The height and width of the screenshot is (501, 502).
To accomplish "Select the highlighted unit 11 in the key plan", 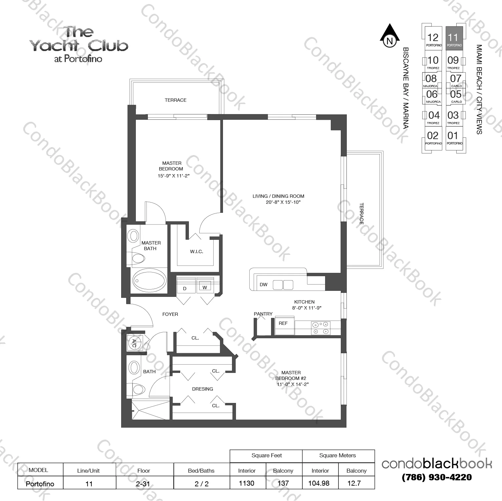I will coord(454,38).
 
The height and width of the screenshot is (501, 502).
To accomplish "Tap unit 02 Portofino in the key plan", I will coord(433,137).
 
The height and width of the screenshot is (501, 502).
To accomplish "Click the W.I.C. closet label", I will coord(197,252).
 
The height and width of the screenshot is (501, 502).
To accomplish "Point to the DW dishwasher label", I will coord(264,285).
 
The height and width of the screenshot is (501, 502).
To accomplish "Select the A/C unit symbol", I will coord(135,344).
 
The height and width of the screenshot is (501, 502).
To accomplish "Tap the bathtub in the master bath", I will coord(149,281).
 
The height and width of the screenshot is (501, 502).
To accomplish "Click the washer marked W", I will coord(205,287).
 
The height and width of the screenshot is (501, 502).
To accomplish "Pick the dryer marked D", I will coord(185,288).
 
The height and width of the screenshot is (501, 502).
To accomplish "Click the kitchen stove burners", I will coord(320,328).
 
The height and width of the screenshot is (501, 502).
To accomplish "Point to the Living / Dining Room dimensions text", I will coord(283,202).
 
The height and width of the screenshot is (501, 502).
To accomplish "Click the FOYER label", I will coord(170,314).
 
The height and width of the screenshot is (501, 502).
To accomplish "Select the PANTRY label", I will coord(263,314).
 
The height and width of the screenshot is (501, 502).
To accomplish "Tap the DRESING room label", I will coord(203,389).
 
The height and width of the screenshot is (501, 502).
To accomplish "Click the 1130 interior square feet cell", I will coord(247,483).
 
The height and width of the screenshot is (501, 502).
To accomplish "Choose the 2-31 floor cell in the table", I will coord(143,483).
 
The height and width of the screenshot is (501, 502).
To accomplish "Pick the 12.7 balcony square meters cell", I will coord(354,483).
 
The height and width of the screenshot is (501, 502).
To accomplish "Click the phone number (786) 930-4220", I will coord(437,477).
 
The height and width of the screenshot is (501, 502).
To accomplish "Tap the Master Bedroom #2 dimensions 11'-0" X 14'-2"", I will coord(293,384).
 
